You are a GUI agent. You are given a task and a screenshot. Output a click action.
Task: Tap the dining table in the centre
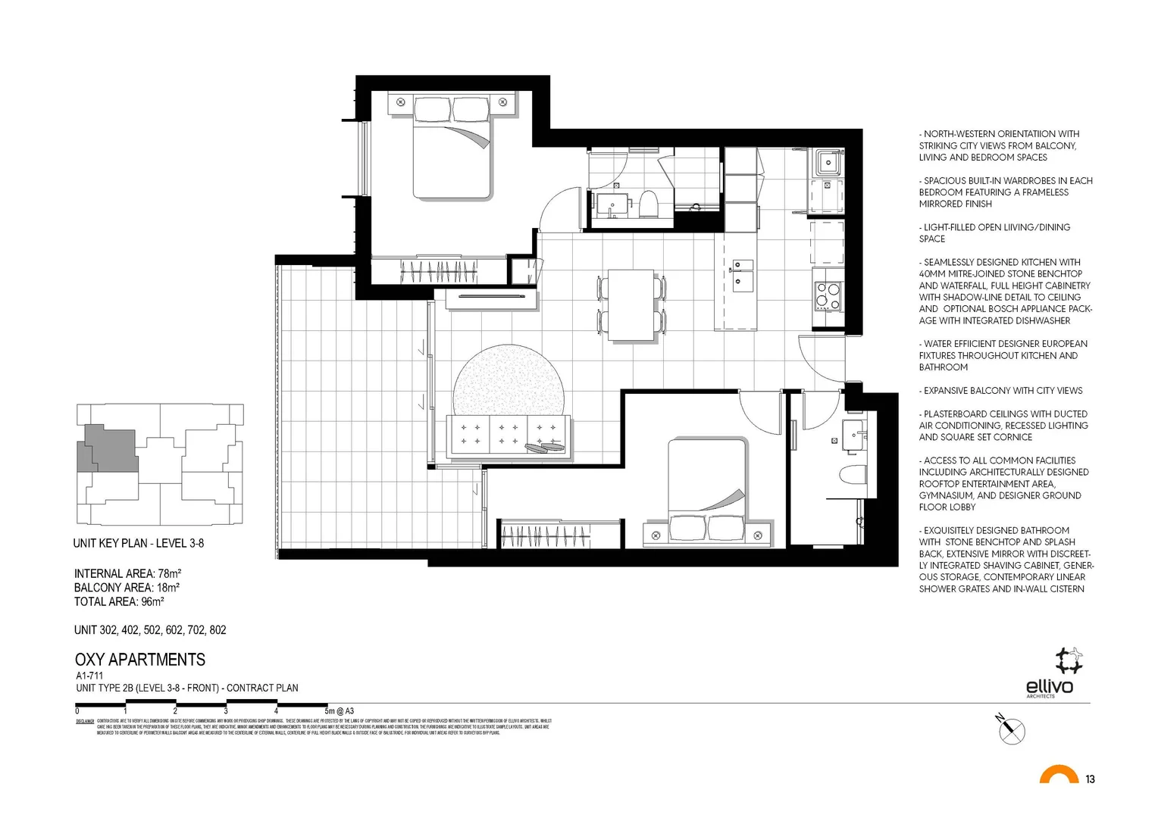point(631,305)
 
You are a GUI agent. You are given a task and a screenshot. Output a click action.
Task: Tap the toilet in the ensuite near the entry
point(853,476)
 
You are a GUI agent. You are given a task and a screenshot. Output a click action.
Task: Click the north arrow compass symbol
point(1010,729)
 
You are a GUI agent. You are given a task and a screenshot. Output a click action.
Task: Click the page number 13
point(1090,779)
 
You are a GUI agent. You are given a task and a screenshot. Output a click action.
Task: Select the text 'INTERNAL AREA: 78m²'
point(127,573)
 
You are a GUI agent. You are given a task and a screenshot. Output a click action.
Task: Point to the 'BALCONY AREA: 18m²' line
point(127,588)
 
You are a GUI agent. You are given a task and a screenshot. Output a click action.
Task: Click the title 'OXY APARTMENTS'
point(140,660)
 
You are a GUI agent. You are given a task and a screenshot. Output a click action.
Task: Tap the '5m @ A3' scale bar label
point(339,711)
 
